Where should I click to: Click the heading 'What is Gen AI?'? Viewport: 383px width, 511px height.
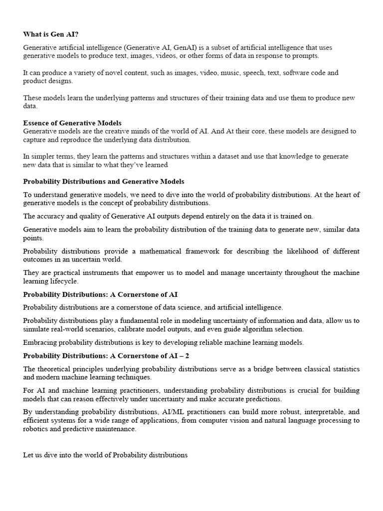click(x=51, y=34)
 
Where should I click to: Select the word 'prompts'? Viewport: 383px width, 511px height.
click(x=305, y=55)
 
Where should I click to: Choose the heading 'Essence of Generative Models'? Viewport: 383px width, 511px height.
click(x=72, y=123)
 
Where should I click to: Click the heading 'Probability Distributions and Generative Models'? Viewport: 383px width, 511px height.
click(x=104, y=181)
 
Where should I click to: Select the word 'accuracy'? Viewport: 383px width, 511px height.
click(x=50, y=216)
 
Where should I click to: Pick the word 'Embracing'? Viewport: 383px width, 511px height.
click(x=40, y=342)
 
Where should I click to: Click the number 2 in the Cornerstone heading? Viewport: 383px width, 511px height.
click(x=187, y=356)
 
